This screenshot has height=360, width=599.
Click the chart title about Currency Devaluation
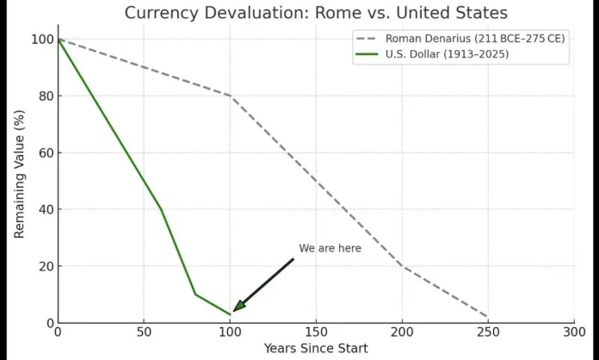point(316,12)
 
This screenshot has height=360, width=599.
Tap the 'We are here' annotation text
point(330,249)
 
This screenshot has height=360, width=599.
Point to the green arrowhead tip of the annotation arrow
point(235,309)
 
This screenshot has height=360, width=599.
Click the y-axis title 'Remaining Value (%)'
point(19,178)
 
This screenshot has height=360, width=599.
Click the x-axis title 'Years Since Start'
point(315,348)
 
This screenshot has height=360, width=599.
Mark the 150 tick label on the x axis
point(316,332)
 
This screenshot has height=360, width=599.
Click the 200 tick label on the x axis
point(402,332)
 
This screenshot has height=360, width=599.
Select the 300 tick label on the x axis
point(574,332)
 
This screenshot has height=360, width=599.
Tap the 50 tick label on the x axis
point(144,332)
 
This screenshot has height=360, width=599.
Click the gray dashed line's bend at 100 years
point(230,96)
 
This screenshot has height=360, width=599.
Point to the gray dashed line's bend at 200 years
point(402,266)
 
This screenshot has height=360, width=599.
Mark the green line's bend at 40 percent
point(161,209)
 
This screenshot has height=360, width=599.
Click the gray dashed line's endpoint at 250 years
point(488,317)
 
